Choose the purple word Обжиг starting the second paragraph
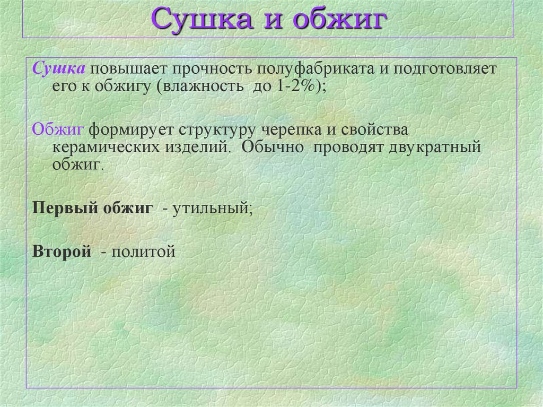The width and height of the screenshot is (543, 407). [58, 129]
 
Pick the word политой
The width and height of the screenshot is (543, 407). [143, 251]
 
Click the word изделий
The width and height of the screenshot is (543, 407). [200, 147]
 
